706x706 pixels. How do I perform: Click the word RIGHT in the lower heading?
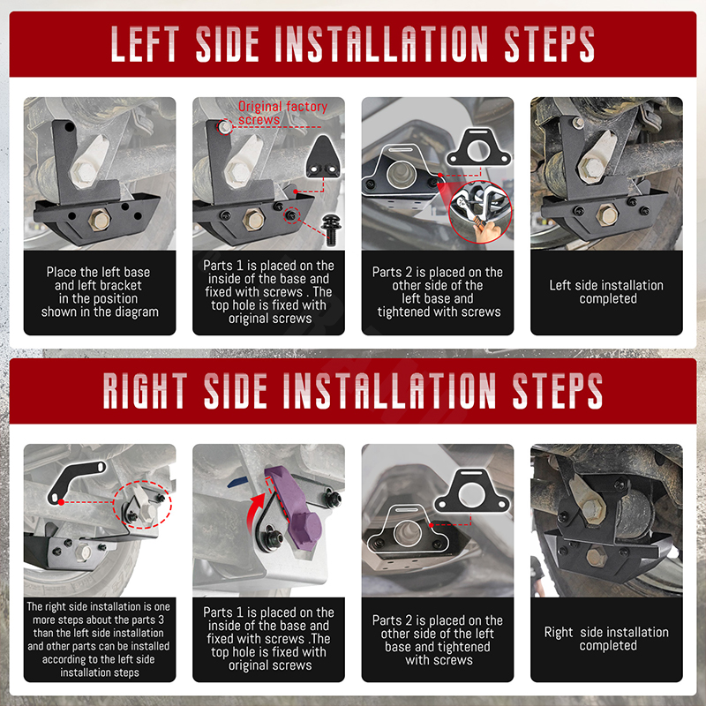(x=145, y=390)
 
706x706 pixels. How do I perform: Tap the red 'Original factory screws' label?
(x=282, y=113)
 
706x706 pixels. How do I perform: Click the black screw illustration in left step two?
(x=331, y=229)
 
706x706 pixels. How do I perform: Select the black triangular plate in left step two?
(x=323, y=157)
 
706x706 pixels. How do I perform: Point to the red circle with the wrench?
(x=480, y=212)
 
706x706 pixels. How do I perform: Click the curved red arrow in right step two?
(x=256, y=512)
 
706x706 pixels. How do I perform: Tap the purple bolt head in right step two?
(x=305, y=528)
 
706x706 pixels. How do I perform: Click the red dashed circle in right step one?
(x=142, y=504)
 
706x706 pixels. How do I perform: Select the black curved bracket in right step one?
(x=72, y=478)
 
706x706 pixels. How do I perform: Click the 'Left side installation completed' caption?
(x=606, y=292)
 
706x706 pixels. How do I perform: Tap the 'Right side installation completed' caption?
(x=606, y=638)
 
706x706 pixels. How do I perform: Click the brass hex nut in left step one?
(x=100, y=220)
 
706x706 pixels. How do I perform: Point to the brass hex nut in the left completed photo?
(x=607, y=214)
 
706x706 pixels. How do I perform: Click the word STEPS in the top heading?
(x=549, y=43)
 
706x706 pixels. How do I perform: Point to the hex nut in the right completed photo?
(x=597, y=557)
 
